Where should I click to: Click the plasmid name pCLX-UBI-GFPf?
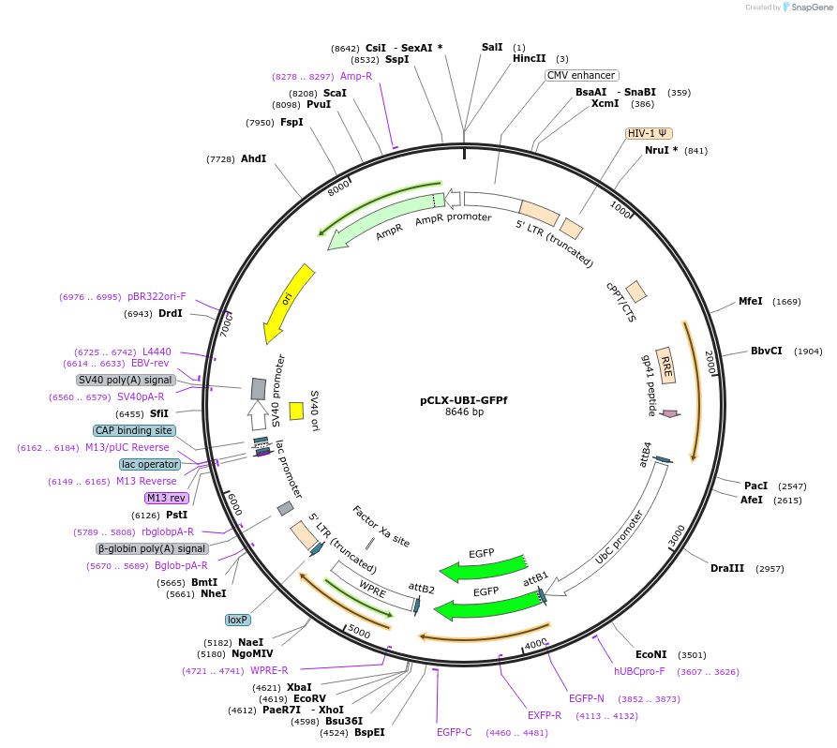coord(464,399)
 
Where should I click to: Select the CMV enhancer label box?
coord(581,75)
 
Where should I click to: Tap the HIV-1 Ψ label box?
coord(649,133)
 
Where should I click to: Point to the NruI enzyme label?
coord(656,150)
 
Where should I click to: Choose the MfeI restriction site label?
coord(751,301)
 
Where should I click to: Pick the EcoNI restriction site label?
coord(650,654)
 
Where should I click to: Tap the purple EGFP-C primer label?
coord(454,732)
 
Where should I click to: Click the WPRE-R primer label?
coord(269,670)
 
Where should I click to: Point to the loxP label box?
coord(238,620)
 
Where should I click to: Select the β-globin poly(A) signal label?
coord(151,548)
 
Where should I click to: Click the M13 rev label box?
coord(166,498)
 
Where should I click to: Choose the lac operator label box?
coord(150,464)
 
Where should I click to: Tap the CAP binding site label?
coord(134,430)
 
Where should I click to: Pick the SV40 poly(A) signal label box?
coord(126,380)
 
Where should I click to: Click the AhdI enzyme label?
coord(253,158)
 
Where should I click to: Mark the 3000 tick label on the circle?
coord(678,536)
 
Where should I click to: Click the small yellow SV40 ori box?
coord(296,411)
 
